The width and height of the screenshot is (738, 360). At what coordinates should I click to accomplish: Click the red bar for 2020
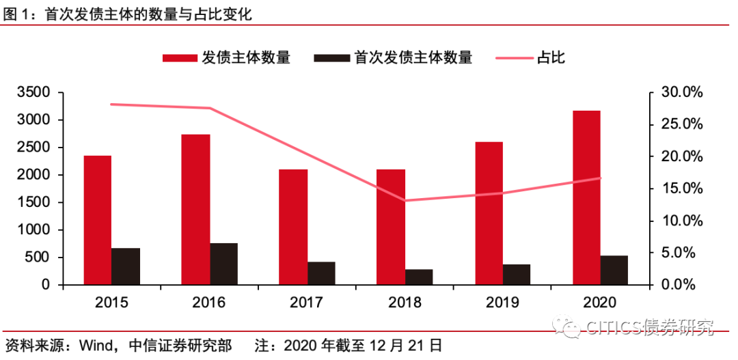click(x=586, y=197)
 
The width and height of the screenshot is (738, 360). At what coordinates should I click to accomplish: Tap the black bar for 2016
click(x=223, y=264)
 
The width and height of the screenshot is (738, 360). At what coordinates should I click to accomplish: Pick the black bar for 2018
click(x=419, y=277)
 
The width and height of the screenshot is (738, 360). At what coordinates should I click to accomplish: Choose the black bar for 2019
click(x=517, y=274)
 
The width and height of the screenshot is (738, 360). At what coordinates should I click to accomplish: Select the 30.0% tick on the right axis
click(x=681, y=92)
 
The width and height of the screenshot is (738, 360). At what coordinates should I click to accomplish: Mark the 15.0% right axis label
click(x=681, y=189)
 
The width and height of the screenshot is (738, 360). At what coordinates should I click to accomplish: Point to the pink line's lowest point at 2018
click(x=405, y=200)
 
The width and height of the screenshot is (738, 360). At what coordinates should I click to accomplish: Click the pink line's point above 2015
click(x=111, y=104)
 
